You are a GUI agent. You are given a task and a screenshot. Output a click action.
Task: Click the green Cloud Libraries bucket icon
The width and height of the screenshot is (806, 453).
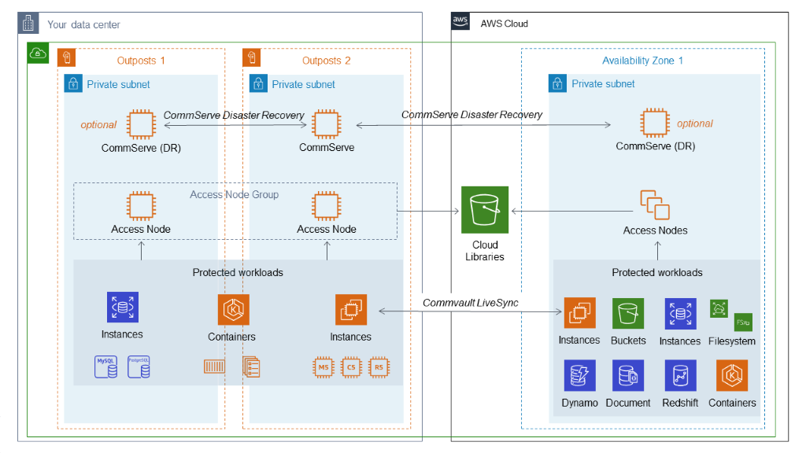click(x=485, y=210)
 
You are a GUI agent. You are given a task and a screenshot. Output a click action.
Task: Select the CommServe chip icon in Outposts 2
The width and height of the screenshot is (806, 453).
click(x=326, y=124)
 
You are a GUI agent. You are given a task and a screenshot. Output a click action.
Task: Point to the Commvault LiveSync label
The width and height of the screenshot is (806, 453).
click(x=471, y=303)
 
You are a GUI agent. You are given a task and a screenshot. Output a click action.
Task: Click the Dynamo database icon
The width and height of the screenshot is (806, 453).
click(x=579, y=376)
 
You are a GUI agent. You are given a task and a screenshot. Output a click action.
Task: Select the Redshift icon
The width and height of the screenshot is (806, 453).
click(x=679, y=376)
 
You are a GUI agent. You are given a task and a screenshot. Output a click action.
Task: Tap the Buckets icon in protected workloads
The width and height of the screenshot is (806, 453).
click(x=628, y=313)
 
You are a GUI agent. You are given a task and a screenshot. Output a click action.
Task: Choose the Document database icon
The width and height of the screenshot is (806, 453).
click(x=628, y=376)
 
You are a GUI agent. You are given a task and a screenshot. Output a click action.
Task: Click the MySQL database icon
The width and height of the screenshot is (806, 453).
click(x=106, y=366)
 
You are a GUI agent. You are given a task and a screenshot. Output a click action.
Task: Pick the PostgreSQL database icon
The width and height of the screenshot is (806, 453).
click(x=139, y=366)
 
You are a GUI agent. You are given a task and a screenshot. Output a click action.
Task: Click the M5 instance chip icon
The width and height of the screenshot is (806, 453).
click(x=324, y=367)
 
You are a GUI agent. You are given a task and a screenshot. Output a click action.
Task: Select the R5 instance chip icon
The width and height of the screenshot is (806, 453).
click(x=379, y=367)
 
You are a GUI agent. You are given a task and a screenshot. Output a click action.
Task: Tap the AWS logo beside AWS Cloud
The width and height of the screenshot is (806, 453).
click(x=460, y=23)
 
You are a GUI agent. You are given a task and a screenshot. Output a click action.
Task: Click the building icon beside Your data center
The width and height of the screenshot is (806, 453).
click(x=28, y=24)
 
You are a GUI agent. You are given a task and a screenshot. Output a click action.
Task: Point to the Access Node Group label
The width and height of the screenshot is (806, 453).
click(x=235, y=194)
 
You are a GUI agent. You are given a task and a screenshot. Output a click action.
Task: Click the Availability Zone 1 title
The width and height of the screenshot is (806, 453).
click(x=642, y=61)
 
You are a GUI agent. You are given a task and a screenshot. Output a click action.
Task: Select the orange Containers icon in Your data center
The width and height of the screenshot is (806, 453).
click(x=233, y=310)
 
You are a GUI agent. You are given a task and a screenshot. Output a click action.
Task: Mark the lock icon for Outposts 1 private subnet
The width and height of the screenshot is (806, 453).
click(x=73, y=84)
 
